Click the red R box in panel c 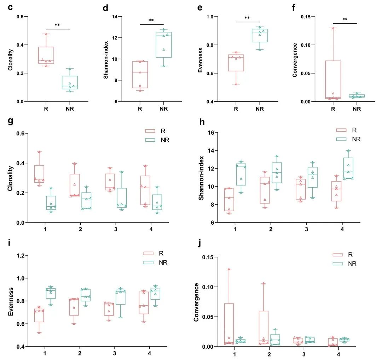(x=46, y=55)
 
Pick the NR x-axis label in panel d (x=164, y=109)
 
